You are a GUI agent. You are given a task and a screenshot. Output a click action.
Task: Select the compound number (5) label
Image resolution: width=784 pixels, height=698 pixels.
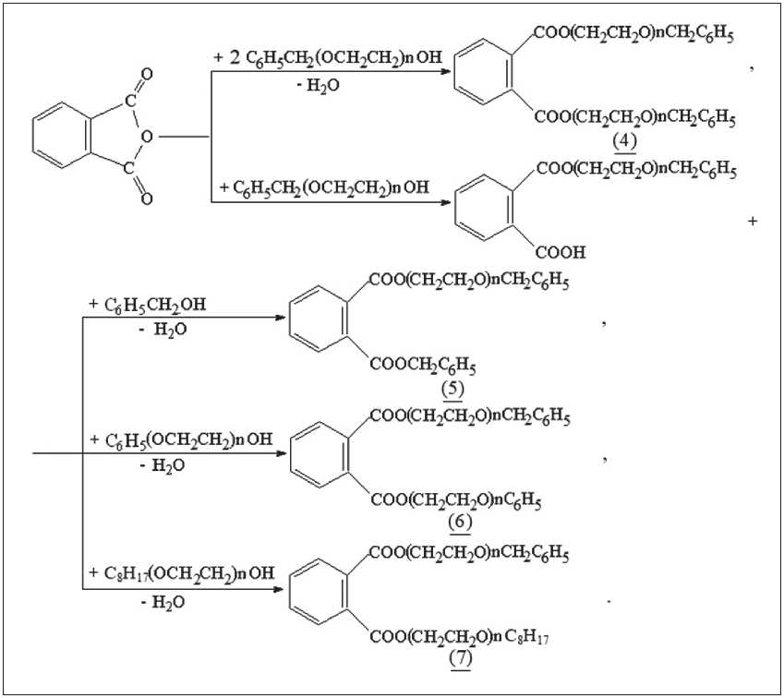tap(452, 388)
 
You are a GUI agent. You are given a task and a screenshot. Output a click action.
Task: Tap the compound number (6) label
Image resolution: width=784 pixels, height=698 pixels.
tap(460, 523)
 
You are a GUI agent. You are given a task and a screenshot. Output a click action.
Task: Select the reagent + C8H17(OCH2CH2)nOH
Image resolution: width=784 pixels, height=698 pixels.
tap(181, 574)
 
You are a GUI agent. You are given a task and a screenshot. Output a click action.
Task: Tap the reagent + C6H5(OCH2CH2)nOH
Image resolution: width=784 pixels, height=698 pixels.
tap(181, 439)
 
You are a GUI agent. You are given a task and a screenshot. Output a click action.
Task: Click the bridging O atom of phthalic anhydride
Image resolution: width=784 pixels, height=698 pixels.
tap(145, 138)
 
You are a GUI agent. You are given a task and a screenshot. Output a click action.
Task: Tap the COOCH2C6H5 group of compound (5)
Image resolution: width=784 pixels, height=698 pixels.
tap(423, 365)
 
